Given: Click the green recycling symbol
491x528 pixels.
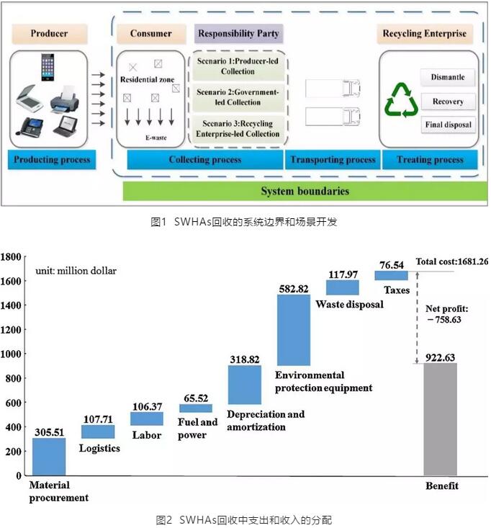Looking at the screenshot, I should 401,100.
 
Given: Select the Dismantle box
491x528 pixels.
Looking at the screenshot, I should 447,78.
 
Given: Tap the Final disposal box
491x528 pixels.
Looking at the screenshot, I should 447,124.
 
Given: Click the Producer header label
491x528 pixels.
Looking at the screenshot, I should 50,34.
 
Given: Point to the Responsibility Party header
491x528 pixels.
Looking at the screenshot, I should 238,34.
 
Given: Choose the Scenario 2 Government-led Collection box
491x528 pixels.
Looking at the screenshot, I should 238,97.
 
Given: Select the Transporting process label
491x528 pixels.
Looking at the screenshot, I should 333,159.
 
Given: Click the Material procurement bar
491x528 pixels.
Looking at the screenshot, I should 49,456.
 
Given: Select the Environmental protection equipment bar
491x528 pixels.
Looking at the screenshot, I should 294,329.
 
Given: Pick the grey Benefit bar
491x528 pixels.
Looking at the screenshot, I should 441,419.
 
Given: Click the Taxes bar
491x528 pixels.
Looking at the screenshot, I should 391,275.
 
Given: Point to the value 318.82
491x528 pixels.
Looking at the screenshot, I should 245,358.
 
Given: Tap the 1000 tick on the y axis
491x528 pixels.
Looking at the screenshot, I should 12,354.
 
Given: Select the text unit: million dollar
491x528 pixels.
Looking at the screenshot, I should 76,271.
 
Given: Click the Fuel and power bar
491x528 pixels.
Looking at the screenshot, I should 196,408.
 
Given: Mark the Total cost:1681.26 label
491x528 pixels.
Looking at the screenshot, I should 452,261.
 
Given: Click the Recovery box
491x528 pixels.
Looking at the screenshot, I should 447,102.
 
